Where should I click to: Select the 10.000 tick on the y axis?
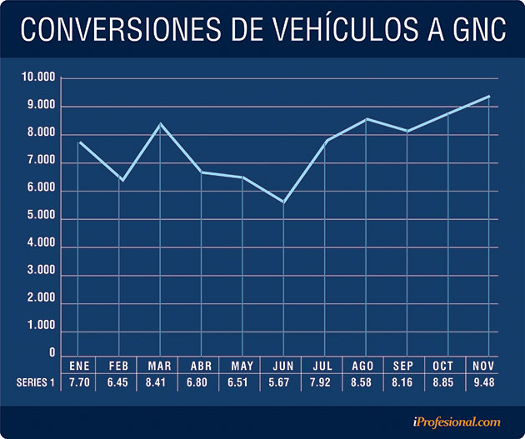tap(38, 77)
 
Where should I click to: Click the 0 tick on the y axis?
tap(51, 352)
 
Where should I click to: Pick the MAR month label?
tap(160, 366)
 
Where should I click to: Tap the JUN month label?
tap(283, 366)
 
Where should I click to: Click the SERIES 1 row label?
tap(36, 382)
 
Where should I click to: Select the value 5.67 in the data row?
tap(283, 382)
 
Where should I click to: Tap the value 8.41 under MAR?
tap(160, 382)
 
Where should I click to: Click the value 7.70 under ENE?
tap(79, 382)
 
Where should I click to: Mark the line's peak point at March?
tap(160, 124)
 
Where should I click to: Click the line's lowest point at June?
tap(283, 202)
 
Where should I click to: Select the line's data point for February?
tap(122, 180)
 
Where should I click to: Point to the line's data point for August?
tap(366, 119)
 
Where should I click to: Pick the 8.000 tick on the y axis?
tap(40, 134)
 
